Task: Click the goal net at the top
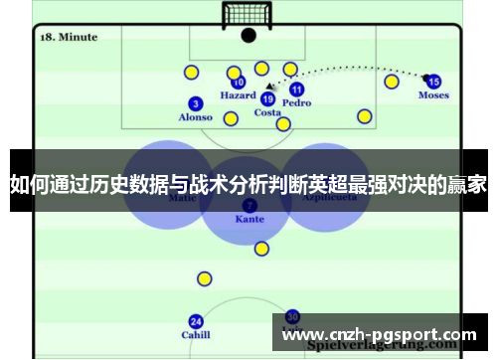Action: point(248,15)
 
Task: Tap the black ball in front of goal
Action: point(248,36)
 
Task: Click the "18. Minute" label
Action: point(68,37)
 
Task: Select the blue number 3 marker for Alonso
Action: point(196,103)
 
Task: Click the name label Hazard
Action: point(238,96)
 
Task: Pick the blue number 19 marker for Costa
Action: point(267,98)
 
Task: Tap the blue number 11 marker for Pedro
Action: point(297,90)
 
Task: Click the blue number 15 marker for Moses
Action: point(433,82)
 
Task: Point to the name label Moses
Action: point(433,96)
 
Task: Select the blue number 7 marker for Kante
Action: point(248,205)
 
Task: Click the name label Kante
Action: point(249,219)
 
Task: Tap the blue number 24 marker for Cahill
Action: point(196,321)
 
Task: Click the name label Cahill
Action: point(196,335)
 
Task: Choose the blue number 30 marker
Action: point(292,315)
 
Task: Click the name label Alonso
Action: point(196,117)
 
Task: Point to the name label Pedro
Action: point(296,103)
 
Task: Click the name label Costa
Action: point(267,112)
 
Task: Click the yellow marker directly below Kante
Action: point(261,249)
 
